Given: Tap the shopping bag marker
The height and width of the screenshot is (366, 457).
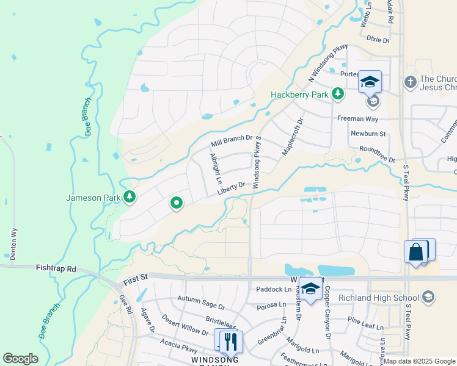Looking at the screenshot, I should coord(415,252).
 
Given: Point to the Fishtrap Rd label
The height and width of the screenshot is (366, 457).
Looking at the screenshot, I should coord(56,268).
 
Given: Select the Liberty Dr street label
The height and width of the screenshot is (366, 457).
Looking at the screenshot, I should coord(230,188).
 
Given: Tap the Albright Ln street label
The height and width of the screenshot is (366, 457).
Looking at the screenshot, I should coord(214,170).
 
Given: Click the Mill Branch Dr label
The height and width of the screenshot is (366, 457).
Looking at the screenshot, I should coord(232,142).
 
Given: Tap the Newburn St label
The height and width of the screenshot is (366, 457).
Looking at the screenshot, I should coord(368,133).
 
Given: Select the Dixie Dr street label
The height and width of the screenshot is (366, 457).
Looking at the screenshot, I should coord(378,40).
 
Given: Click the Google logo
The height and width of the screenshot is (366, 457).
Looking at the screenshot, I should coord(20,359).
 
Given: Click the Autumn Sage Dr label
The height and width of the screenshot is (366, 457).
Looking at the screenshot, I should coord(201,299).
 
